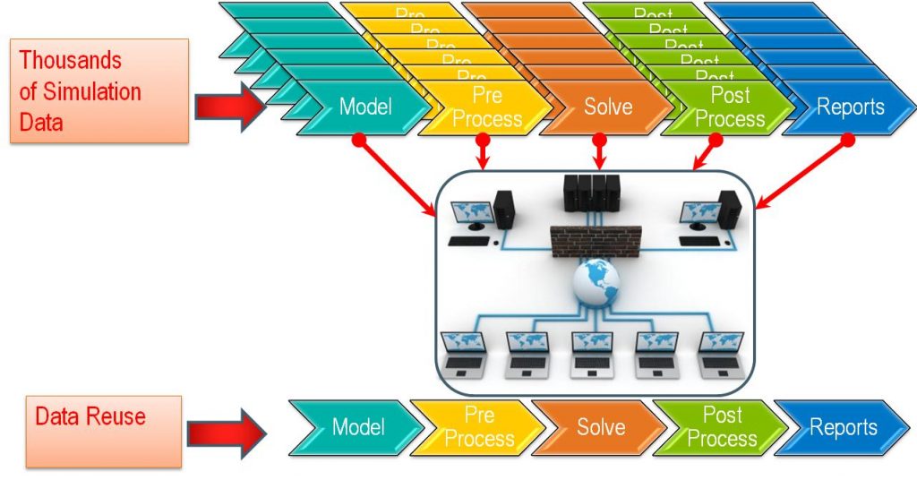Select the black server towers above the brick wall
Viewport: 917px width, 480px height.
click(592, 192)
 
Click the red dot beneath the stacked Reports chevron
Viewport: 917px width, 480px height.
click(848, 140)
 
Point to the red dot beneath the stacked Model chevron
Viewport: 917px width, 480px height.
click(358, 140)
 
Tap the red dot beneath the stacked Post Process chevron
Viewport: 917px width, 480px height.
click(716, 140)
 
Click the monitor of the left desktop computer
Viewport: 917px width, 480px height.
click(473, 215)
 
